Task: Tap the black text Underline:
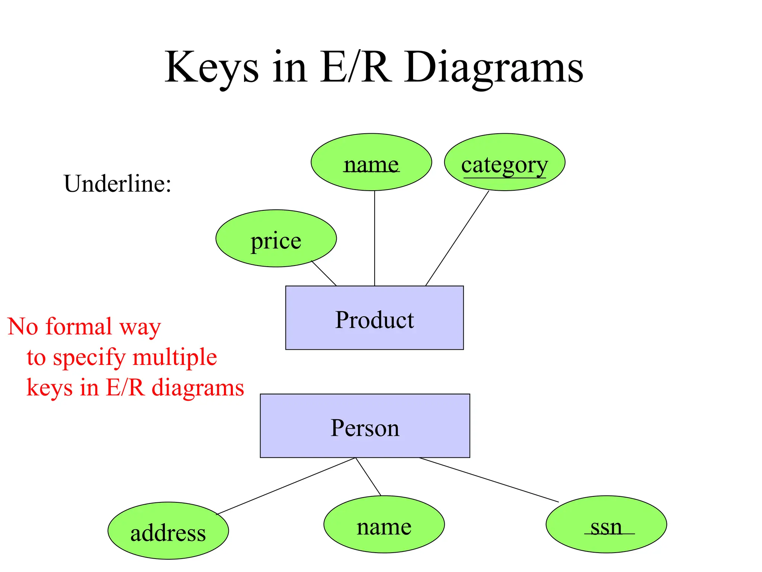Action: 118,184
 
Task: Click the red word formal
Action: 79,326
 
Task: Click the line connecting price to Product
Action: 324,273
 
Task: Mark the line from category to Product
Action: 457,238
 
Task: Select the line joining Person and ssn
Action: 489,480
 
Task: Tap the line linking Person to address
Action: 286,486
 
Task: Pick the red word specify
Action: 89,357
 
